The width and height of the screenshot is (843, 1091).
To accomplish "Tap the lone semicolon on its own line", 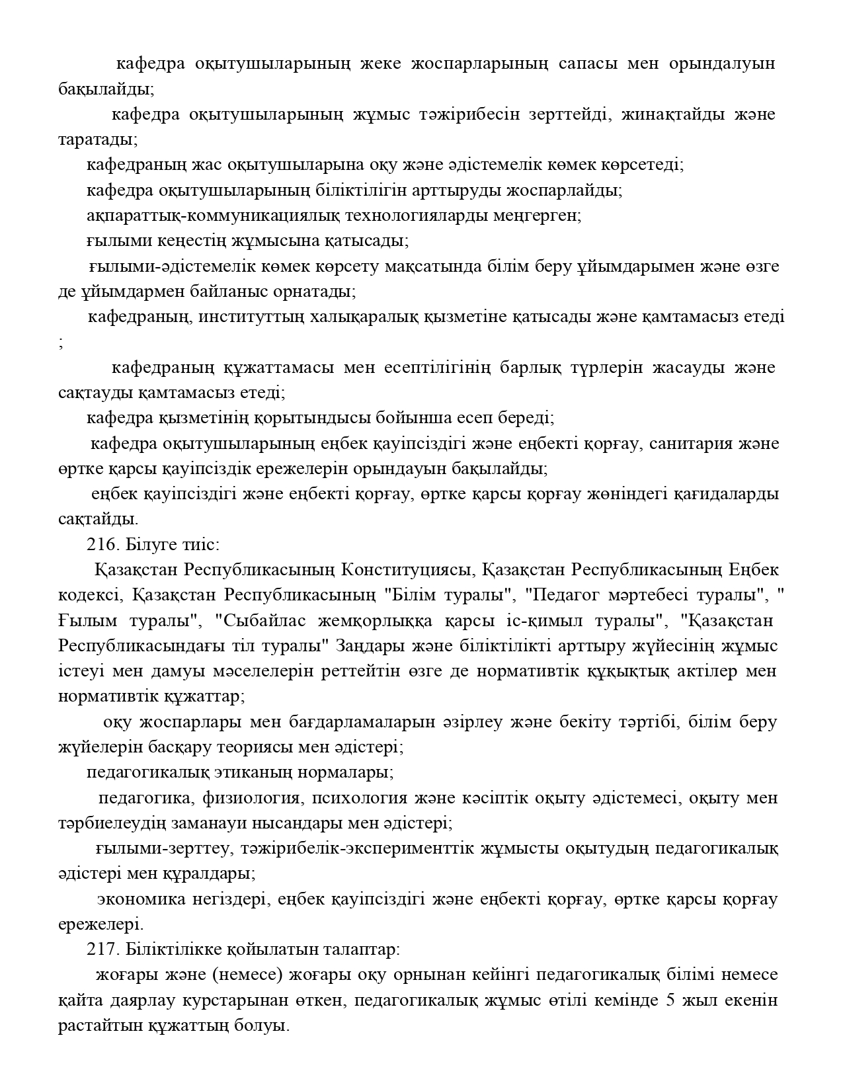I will tap(61, 343).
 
